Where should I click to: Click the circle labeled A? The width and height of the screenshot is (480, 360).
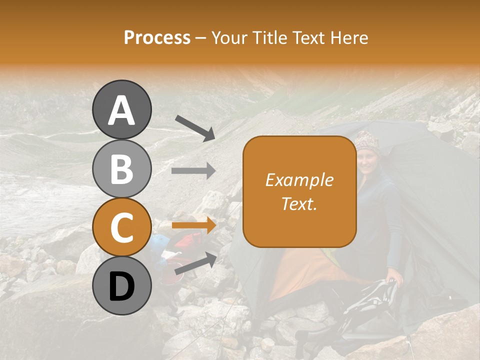click(x=122, y=109)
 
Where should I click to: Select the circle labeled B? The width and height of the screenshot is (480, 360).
click(x=122, y=168)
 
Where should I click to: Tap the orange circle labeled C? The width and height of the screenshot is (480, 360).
click(x=122, y=227)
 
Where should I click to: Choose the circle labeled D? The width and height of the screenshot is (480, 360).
click(x=122, y=286)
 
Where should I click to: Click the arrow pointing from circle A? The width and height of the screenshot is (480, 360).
click(x=195, y=127)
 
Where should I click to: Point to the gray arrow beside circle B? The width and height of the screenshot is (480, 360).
click(x=193, y=171)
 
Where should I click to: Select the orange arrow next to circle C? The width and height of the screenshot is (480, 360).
click(x=193, y=225)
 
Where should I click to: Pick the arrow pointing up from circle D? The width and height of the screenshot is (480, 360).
click(x=195, y=264)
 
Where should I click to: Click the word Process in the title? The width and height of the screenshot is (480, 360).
click(x=157, y=37)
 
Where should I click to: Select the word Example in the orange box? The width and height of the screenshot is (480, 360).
click(x=299, y=180)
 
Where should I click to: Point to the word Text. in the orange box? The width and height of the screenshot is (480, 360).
click(x=299, y=203)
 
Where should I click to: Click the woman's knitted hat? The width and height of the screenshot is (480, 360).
click(x=366, y=140)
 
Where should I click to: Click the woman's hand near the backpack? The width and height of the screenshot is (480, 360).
click(x=396, y=275)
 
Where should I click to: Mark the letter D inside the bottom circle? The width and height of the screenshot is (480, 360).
click(x=122, y=287)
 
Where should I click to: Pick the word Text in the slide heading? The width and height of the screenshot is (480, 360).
click(x=308, y=37)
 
